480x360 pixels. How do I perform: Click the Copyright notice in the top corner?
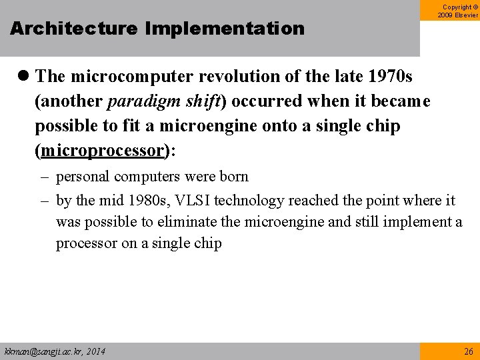458,11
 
